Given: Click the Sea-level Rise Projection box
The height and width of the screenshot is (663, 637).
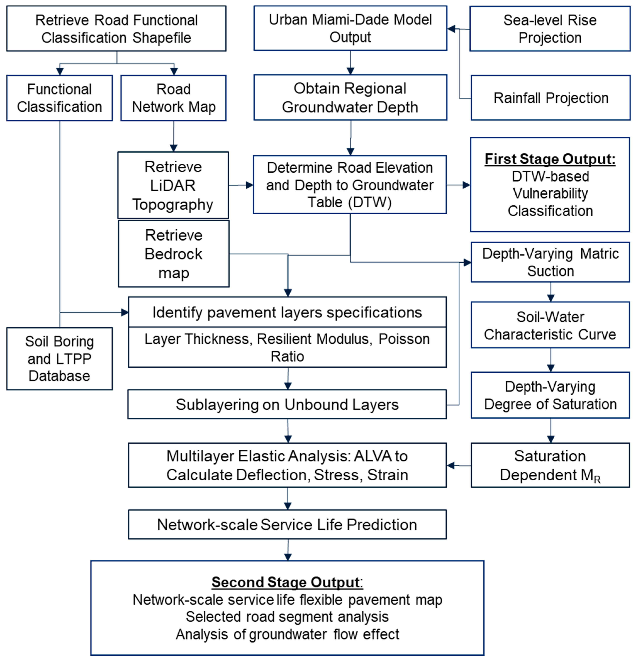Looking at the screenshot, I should [550, 29].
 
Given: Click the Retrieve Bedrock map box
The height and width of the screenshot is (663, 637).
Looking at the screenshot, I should [174, 254].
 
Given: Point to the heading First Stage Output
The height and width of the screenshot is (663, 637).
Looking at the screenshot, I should [550, 159].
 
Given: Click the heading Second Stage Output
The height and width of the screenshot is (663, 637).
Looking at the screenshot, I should [287, 582].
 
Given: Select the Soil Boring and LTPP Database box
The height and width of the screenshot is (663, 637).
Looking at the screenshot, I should [59, 359].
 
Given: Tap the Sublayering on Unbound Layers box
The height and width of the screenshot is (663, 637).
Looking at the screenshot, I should [287, 404].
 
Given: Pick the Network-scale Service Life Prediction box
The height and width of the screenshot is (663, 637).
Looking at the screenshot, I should [287, 525].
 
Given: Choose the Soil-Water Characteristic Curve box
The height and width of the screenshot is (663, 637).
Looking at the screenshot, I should [550, 325].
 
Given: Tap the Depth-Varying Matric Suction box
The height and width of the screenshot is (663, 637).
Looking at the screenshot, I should [550, 262].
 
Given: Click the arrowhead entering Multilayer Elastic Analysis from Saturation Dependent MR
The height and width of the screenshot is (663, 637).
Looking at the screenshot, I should [451, 465].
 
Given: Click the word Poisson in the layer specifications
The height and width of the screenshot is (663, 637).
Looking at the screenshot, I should [404, 339].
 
